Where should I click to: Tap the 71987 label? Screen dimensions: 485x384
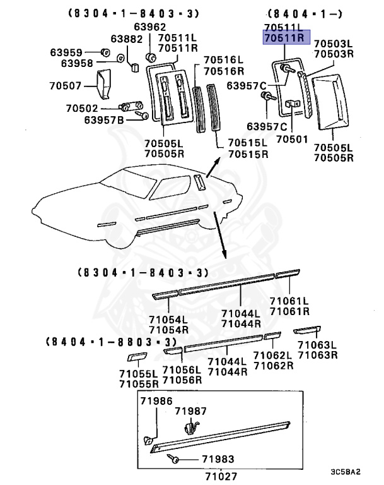pyautogui.click(x=190, y=411)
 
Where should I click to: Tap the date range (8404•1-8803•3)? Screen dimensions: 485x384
pyautogui.click(x=109, y=341)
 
